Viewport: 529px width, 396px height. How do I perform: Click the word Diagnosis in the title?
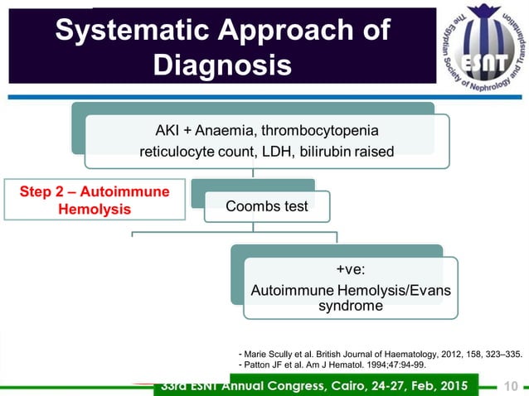222,64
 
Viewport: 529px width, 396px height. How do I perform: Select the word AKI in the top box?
167,131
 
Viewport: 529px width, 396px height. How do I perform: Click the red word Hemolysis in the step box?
95,209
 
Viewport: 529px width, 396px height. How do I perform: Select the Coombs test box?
267,206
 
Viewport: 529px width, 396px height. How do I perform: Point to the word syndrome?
348,306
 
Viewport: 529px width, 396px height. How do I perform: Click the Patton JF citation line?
332,365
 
